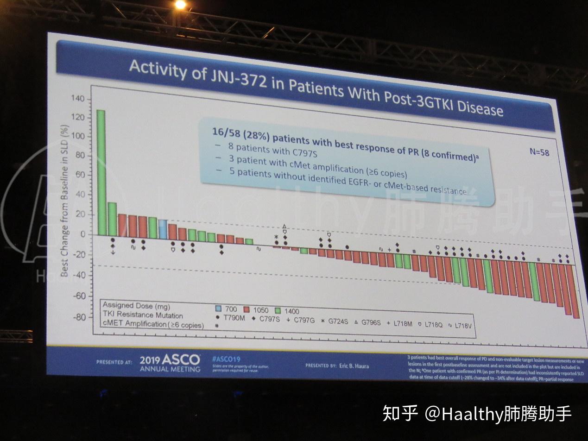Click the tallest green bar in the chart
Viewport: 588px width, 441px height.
(101, 172)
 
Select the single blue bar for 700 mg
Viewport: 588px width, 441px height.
(163, 228)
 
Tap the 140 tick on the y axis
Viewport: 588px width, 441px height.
(78, 99)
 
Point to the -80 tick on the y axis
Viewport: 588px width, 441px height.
(79, 317)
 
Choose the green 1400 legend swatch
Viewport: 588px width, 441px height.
(279, 311)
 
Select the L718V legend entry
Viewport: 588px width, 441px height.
(464, 326)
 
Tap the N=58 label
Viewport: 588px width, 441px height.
(539, 152)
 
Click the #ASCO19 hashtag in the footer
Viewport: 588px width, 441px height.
(226, 359)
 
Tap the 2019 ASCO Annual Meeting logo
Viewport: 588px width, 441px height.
(170, 363)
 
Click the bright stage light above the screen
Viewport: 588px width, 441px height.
(180, 5)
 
